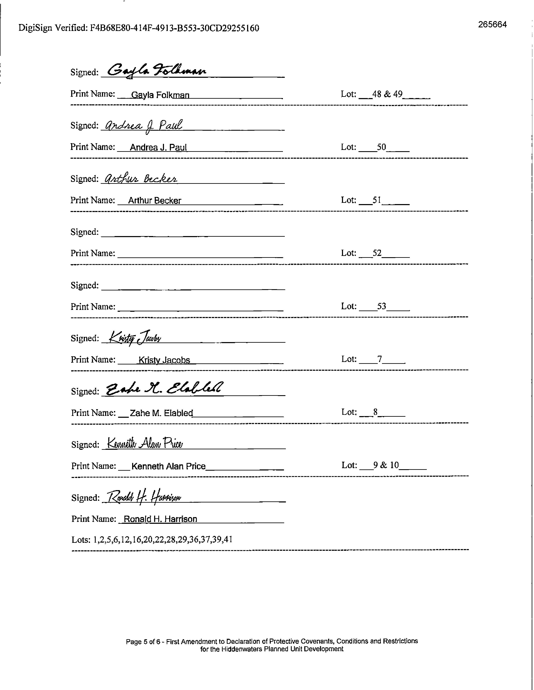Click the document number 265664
[492, 25]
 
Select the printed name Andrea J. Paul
[158, 148]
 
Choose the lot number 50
[382, 147]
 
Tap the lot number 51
[377, 200]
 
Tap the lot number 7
[380, 359]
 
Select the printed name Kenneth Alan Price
[168, 466]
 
